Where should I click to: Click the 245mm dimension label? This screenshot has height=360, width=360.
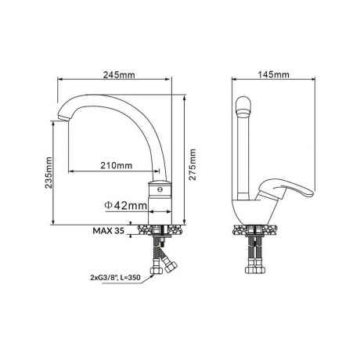(119, 75)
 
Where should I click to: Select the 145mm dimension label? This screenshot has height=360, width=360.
(274, 74)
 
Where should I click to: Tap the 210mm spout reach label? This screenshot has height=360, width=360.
(117, 165)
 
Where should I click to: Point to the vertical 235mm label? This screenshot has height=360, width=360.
(49, 172)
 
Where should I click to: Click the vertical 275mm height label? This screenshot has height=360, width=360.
(193, 164)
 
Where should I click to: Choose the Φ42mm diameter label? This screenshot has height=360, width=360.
(125, 206)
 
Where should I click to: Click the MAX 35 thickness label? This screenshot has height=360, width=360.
(109, 231)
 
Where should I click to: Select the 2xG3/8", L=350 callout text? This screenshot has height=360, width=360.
(115, 278)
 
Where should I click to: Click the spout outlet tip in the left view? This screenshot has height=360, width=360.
(63, 117)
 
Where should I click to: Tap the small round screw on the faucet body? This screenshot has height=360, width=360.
(160, 189)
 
